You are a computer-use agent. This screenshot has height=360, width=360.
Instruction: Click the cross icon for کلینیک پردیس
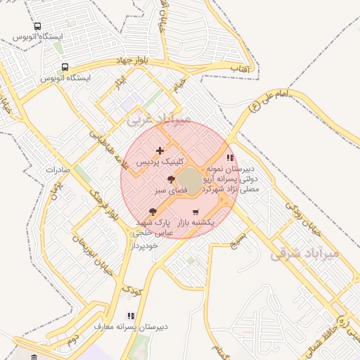160,150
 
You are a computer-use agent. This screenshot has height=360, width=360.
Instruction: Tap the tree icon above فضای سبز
172,180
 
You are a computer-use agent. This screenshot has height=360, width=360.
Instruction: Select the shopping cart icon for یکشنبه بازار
195,212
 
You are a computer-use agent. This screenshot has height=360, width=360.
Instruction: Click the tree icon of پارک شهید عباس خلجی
153,212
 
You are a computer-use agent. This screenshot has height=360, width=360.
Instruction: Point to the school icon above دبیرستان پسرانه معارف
130,316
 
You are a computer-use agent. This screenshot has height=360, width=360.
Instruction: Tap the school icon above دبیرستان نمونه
230,158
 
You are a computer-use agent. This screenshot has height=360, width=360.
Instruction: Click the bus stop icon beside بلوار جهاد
65,67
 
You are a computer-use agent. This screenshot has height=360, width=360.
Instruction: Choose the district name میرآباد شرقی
314,252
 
